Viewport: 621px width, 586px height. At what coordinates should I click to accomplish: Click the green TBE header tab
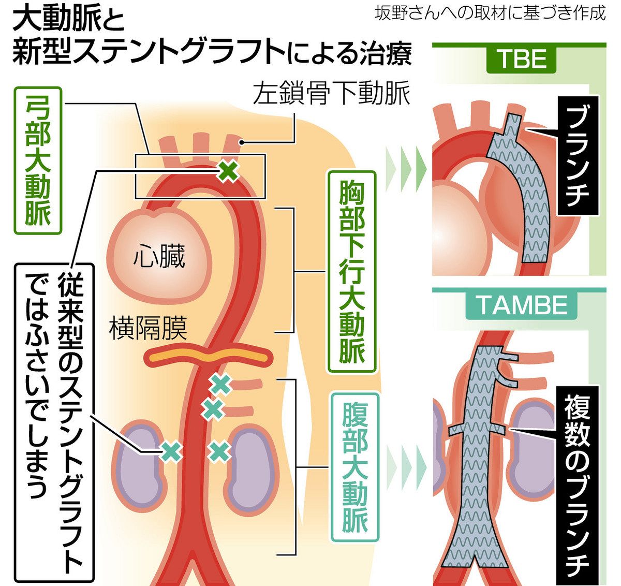[x=522, y=60]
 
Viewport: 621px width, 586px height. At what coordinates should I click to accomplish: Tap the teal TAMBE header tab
[x=522, y=305]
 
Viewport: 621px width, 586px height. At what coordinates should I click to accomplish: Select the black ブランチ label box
[x=578, y=155]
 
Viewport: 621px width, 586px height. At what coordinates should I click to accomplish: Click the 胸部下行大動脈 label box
[x=352, y=271]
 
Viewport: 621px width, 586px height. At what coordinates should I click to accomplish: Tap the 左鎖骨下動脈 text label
[x=331, y=95]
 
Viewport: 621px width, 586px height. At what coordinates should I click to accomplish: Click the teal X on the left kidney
[x=171, y=451]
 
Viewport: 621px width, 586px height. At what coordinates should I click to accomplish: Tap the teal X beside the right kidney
[x=219, y=451]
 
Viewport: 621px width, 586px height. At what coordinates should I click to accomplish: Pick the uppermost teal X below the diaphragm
[x=220, y=384]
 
